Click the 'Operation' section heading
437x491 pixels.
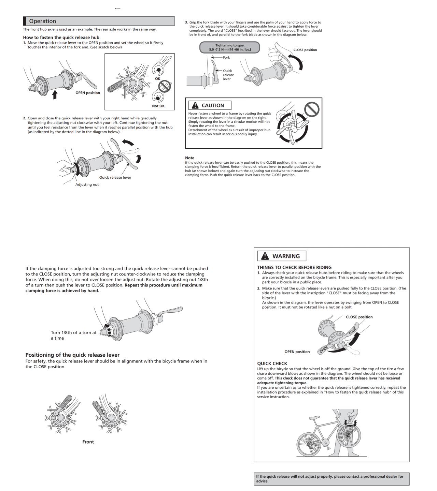[x=42, y=21]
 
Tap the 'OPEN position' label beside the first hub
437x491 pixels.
[x=88, y=93]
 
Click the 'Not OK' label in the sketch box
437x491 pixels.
[x=158, y=106]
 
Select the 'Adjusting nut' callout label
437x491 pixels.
[x=87, y=184]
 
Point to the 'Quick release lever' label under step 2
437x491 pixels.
[x=115, y=177]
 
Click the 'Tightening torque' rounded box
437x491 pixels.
[x=230, y=47]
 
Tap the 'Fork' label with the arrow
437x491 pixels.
[x=226, y=57]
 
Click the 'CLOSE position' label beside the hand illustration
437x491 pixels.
[x=305, y=50]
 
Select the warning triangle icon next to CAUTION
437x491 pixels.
[x=195, y=105]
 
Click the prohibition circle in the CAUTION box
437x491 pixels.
[x=311, y=109]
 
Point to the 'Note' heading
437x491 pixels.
[x=189, y=158]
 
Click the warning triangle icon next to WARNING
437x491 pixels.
[x=265, y=256]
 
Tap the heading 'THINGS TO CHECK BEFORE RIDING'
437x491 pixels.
[x=294, y=267]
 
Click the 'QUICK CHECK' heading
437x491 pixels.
[x=272, y=363]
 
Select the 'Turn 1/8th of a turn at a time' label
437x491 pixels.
[x=73, y=335]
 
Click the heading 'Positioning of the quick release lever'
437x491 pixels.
[x=72, y=355]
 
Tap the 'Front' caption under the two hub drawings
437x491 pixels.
[x=88, y=442]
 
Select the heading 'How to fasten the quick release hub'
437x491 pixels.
[x=61, y=38]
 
